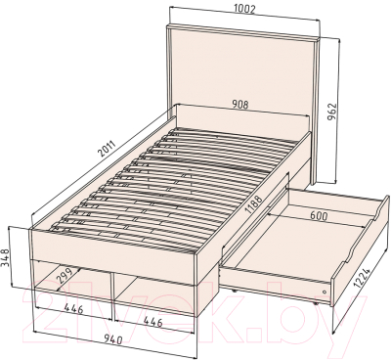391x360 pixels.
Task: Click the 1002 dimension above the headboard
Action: [x=244, y=10]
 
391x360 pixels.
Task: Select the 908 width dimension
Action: [x=240, y=105]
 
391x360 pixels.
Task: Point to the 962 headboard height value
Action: [x=331, y=112]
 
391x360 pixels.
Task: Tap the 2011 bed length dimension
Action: [x=107, y=150]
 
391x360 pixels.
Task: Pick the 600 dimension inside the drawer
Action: [x=318, y=216]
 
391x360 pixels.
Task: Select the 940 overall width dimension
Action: [x=111, y=340]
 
